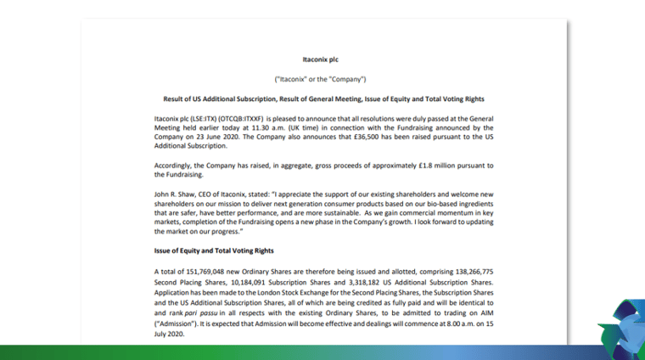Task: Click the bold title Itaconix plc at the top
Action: click(x=322, y=60)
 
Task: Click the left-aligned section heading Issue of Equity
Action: click(x=214, y=250)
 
